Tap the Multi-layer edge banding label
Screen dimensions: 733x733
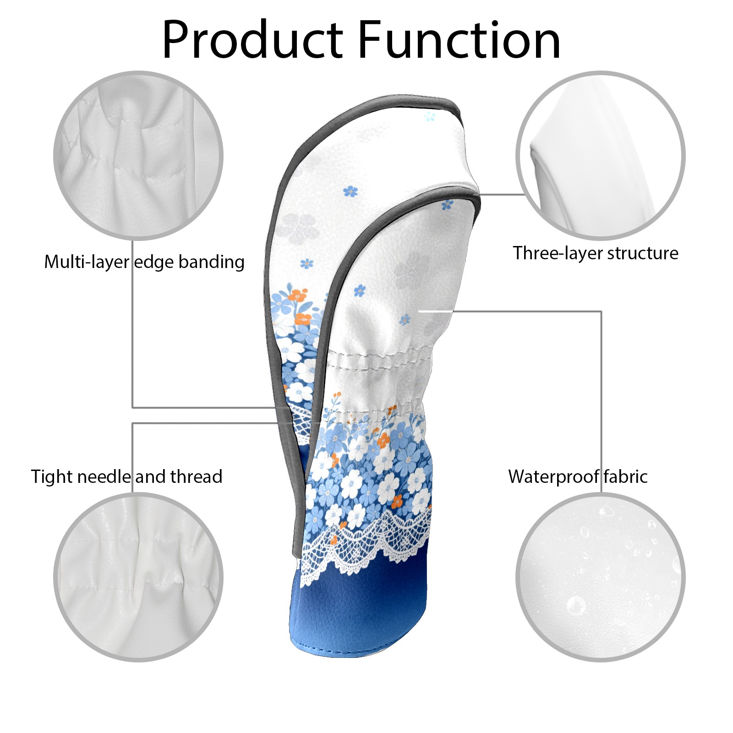coord(144,262)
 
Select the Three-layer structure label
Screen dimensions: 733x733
coord(595,253)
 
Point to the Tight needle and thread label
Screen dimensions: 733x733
coord(126,477)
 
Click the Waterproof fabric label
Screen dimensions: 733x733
coord(578,477)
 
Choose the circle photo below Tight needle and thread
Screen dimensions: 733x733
coord(138,577)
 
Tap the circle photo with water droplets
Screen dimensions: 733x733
coord(600,577)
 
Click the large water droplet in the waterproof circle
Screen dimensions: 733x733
coord(576,605)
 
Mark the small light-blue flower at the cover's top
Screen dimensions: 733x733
coord(429,116)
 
